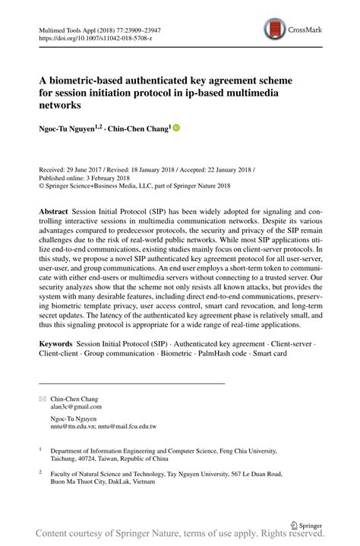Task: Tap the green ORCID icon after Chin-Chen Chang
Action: click(177, 129)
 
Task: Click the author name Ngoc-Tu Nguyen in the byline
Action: click(66, 130)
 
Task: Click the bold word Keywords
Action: click(58, 344)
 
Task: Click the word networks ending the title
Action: click(61, 105)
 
